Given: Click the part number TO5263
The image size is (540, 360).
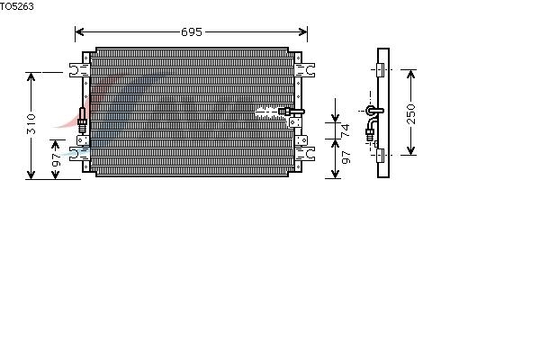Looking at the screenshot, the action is pyautogui.click(x=16, y=6).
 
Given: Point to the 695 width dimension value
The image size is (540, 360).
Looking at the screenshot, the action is pyautogui.click(x=192, y=32).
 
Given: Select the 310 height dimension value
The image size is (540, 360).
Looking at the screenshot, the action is pyautogui.click(x=31, y=124).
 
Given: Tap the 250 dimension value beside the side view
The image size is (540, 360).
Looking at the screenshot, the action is pyautogui.click(x=411, y=113).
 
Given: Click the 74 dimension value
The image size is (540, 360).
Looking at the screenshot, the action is pyautogui.click(x=345, y=130).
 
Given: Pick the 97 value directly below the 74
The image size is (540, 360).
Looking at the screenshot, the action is pyautogui.click(x=346, y=157).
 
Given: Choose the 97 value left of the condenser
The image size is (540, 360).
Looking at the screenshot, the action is pyautogui.click(x=56, y=160).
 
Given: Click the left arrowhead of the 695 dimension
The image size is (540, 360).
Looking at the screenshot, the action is pyautogui.click(x=79, y=32).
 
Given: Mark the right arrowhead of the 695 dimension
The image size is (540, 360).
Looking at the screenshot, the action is pyautogui.click(x=303, y=32).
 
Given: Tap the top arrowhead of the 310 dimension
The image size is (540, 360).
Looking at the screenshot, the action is pyautogui.click(x=31, y=76).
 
